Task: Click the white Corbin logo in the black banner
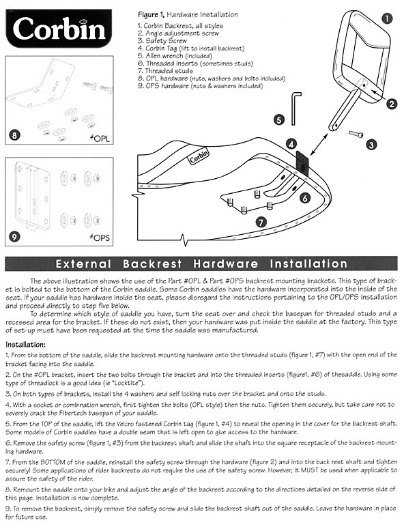[59, 29]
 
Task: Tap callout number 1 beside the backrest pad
[387, 18]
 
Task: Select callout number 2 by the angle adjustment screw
[392, 104]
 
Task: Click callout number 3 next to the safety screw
[371, 145]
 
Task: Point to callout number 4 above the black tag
[291, 144]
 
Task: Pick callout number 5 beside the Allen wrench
[279, 119]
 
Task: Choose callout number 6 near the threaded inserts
[305, 198]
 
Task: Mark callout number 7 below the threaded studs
[261, 222]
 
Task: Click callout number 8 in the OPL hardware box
[14, 135]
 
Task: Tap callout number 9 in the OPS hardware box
[14, 237]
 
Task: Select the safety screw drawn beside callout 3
[356, 134]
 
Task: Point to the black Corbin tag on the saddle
[302, 162]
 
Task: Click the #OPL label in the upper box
[100, 138]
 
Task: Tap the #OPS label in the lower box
[100, 238]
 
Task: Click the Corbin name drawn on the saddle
[199, 156]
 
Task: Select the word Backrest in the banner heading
[152, 264]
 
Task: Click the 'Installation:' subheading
[26, 345]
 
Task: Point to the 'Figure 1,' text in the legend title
[151, 15]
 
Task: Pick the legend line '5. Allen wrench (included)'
[175, 56]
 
